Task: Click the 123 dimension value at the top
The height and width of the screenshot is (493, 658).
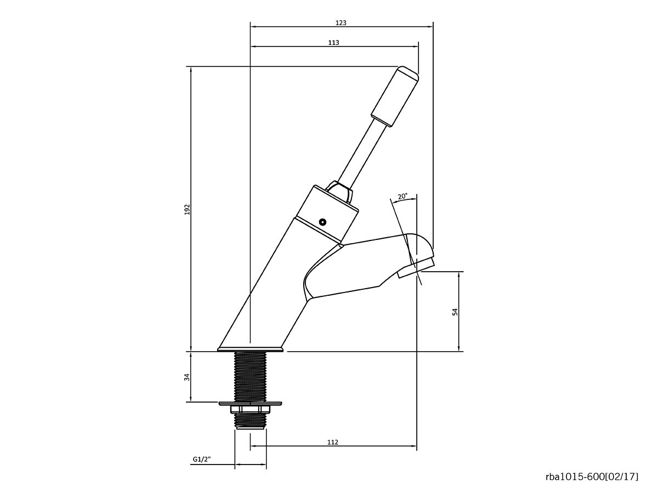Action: point(341,23)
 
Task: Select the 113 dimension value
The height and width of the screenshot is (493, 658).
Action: point(334,43)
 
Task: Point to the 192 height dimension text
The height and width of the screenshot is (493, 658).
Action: point(186,209)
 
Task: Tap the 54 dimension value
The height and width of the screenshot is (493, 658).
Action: point(455,311)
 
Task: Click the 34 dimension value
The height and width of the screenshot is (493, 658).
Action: point(186,377)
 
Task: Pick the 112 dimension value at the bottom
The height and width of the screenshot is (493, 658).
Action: point(333,443)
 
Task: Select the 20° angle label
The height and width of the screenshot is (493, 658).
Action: point(403,196)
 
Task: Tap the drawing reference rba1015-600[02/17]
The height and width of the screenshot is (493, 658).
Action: point(592,477)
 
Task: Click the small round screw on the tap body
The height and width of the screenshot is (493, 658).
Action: point(323,222)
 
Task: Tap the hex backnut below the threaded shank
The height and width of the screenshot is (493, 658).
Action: point(251,410)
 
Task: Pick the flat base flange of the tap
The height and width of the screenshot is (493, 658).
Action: point(251,348)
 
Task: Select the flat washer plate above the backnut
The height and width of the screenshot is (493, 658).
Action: point(251,404)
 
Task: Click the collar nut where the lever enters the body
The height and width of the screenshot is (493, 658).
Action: point(339,192)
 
